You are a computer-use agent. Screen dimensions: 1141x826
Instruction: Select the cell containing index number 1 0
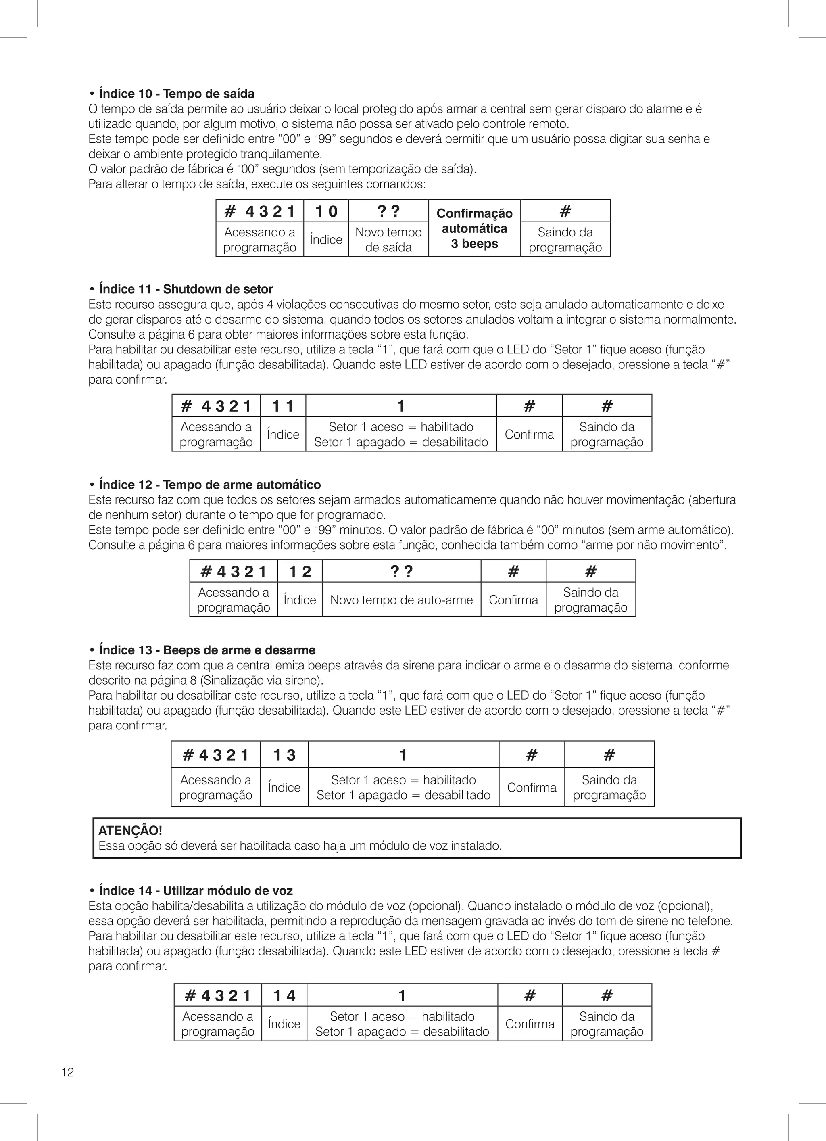click(x=326, y=211)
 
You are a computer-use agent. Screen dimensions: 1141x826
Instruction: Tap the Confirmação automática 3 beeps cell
click(x=474, y=228)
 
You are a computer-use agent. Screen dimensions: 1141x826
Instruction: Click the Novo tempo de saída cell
click(x=388, y=240)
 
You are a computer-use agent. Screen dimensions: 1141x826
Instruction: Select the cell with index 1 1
click(x=283, y=406)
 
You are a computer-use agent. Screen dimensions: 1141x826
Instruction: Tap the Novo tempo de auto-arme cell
click(x=401, y=600)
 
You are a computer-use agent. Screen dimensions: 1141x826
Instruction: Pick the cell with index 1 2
click(x=300, y=571)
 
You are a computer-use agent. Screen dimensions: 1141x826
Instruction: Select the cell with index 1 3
click(x=284, y=754)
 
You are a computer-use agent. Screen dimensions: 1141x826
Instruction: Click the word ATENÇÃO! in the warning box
click(x=130, y=831)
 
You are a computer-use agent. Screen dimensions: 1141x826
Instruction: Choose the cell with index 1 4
click(x=284, y=996)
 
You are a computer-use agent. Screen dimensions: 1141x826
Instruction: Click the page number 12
click(x=67, y=1072)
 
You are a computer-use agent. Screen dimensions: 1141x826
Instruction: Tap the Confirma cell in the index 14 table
click(x=530, y=1024)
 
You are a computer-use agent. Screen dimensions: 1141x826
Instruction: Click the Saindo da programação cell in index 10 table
click(x=565, y=240)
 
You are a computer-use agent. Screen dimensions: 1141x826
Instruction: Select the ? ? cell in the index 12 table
click(x=401, y=571)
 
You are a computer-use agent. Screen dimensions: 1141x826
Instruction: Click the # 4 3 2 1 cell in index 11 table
click(x=216, y=406)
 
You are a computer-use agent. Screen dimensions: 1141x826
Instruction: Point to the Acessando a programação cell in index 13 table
click(x=216, y=787)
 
